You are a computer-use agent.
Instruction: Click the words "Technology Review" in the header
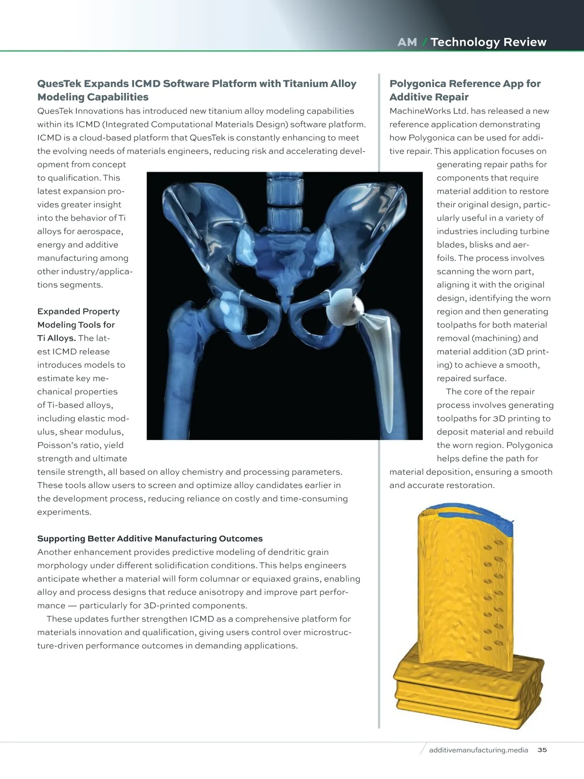[x=488, y=42]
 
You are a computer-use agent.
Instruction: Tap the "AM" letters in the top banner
[x=407, y=42]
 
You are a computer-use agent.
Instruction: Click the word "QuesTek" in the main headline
[x=58, y=84]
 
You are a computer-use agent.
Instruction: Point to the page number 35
[x=542, y=750]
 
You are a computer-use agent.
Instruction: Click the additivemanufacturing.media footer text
[x=478, y=750]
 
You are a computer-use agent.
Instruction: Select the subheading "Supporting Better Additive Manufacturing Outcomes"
[x=150, y=538]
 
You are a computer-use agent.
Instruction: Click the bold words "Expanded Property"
[x=78, y=312]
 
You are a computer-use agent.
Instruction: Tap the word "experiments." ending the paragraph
[x=64, y=512]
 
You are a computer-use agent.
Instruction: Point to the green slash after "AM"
[x=424, y=42]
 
